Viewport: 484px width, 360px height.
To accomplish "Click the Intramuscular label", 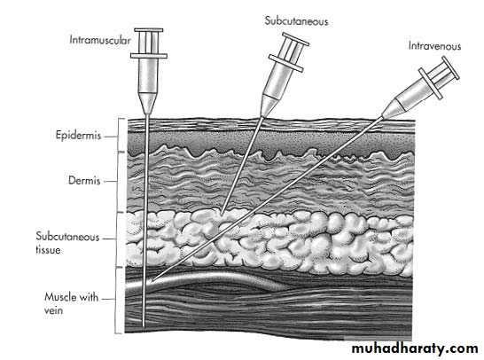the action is click(99, 40).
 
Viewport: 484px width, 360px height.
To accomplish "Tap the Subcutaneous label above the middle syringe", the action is click(296, 21).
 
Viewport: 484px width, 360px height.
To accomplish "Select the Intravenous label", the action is click(434, 46).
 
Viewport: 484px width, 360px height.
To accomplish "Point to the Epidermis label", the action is click(78, 136).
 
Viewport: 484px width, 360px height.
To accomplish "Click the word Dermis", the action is click(84, 180).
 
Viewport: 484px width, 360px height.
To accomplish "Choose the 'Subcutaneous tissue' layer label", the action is click(67, 243).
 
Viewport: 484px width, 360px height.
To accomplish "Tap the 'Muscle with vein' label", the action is click(71, 303).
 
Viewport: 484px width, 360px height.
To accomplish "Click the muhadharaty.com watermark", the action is click(415, 348).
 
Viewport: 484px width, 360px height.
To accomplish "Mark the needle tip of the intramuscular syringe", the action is click(144, 326).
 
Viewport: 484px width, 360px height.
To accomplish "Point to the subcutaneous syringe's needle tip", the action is click(222, 214).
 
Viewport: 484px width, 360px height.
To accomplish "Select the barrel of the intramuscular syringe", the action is click(148, 75).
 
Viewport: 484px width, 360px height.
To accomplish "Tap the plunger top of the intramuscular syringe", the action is click(148, 30).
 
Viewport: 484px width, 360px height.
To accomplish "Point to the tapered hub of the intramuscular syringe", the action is click(148, 103).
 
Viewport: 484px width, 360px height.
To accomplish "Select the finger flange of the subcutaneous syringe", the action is click(285, 63).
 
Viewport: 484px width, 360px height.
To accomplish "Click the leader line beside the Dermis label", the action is click(110, 182).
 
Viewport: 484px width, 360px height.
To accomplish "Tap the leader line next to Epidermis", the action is click(110, 137).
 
